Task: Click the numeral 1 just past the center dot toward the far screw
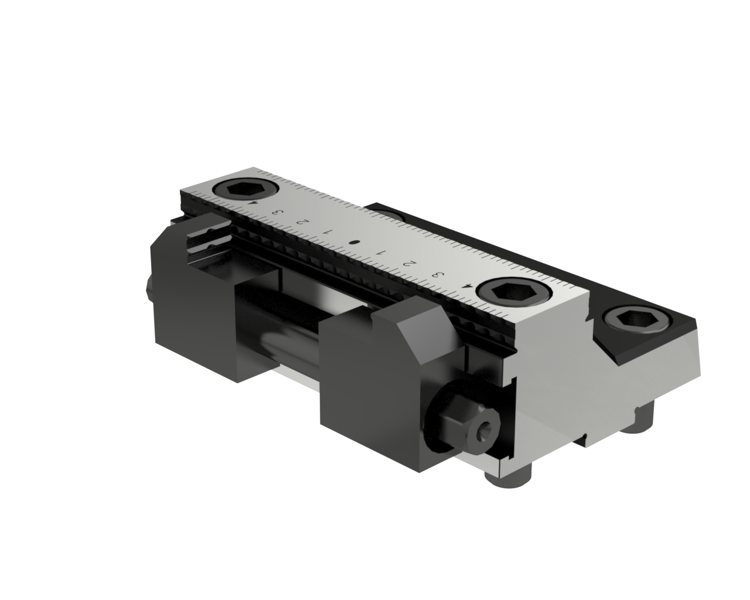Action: [x=327, y=231]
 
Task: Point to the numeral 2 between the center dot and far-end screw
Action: [x=302, y=222]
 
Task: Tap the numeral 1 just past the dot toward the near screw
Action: [x=381, y=253]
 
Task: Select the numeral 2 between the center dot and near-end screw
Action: [x=408, y=262]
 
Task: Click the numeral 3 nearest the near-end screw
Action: [x=435, y=274]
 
